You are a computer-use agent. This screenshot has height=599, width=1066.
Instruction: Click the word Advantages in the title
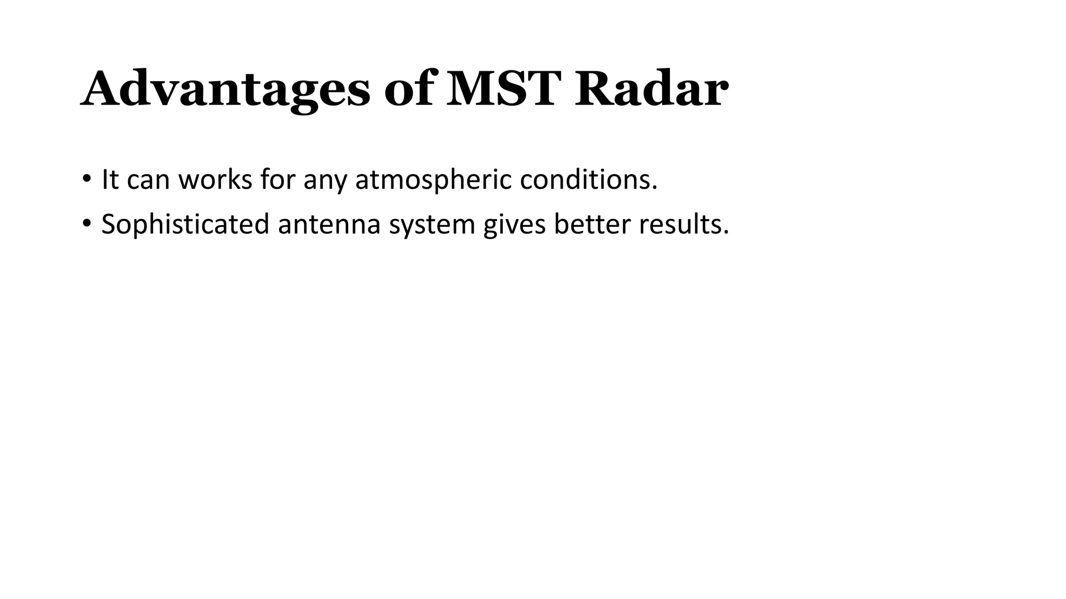tap(225, 89)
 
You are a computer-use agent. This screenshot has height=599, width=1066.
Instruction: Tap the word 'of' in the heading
tap(409, 89)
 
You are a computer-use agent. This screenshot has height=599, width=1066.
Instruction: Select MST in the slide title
tap(504, 89)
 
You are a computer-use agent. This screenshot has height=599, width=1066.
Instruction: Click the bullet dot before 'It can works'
tap(86, 179)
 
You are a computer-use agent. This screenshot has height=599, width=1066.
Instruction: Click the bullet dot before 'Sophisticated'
tap(86, 224)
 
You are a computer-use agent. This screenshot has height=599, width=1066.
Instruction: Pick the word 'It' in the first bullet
tap(110, 179)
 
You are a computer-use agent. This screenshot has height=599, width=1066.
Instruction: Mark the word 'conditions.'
tap(589, 179)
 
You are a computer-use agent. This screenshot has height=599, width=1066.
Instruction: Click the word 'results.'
tap(684, 224)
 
